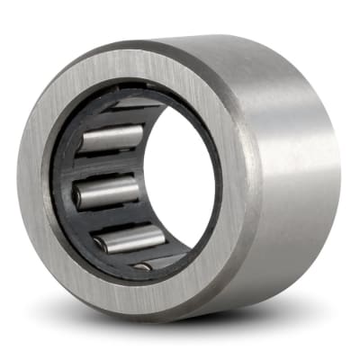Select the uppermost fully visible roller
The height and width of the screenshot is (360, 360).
(109, 139)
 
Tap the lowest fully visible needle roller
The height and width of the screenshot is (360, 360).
(128, 239)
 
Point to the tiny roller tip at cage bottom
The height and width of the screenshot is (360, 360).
(142, 266)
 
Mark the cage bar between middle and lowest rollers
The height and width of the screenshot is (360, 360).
(112, 219)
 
